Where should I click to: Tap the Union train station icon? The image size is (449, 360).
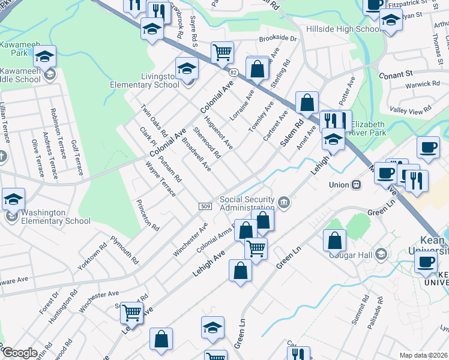coord(357,184)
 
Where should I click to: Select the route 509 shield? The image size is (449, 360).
coord(205,206)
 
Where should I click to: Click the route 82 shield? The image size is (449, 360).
coord(233,72)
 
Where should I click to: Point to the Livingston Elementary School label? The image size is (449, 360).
coord(144,81)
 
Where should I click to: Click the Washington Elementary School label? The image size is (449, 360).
coord(56,217)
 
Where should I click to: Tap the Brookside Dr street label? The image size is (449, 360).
coord(278,38)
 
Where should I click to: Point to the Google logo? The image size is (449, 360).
coord(20,353)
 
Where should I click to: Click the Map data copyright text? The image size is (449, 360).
coord(424,355)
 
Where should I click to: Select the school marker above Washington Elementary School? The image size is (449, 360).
coord(13,199)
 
